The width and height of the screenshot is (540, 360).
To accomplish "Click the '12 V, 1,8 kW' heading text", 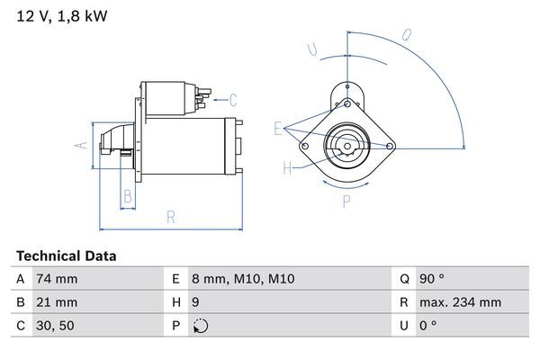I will pos(56,16).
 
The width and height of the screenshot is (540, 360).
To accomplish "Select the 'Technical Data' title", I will pos(66,256).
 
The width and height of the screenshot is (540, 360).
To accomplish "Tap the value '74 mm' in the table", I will pos(56,279).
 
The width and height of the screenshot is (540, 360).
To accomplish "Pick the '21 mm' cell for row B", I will pos(56,302).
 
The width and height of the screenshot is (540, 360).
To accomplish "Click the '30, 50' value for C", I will pos(55,326).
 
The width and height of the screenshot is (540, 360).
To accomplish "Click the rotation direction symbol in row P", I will pos(201,326).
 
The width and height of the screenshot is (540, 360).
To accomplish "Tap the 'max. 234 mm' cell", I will pos(462,302).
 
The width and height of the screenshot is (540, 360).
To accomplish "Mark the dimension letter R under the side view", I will pos(170,217).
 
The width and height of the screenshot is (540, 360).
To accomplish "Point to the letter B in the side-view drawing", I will pos(128,194).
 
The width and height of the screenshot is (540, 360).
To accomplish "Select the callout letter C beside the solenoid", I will pos(232,99).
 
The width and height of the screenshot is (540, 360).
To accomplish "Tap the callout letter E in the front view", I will pos(278,128).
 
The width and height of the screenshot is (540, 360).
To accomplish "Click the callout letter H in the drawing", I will pos(287,167).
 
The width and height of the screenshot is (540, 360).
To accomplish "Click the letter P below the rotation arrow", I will pos(345,202).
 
